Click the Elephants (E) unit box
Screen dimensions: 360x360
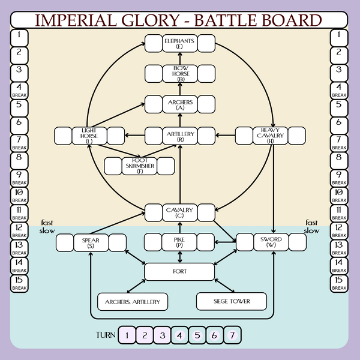point(180,43)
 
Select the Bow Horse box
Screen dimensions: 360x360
point(180,74)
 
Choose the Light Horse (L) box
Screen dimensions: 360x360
point(89,135)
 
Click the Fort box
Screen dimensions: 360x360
point(180,272)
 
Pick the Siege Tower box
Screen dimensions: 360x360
point(232,301)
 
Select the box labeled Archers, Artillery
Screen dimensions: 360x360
point(133,301)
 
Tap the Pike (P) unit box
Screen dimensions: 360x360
point(180,242)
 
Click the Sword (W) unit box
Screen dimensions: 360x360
point(271,242)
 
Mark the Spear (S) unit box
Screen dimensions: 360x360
point(91,242)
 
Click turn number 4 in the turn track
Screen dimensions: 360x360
point(180,335)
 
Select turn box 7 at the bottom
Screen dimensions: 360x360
point(232,335)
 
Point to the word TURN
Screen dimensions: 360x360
point(106,335)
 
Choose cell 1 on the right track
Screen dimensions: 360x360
point(340,38)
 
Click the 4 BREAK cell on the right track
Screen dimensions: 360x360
point(340,91)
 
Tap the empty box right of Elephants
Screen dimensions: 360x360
point(206,43)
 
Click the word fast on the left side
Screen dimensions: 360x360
point(47,221)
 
